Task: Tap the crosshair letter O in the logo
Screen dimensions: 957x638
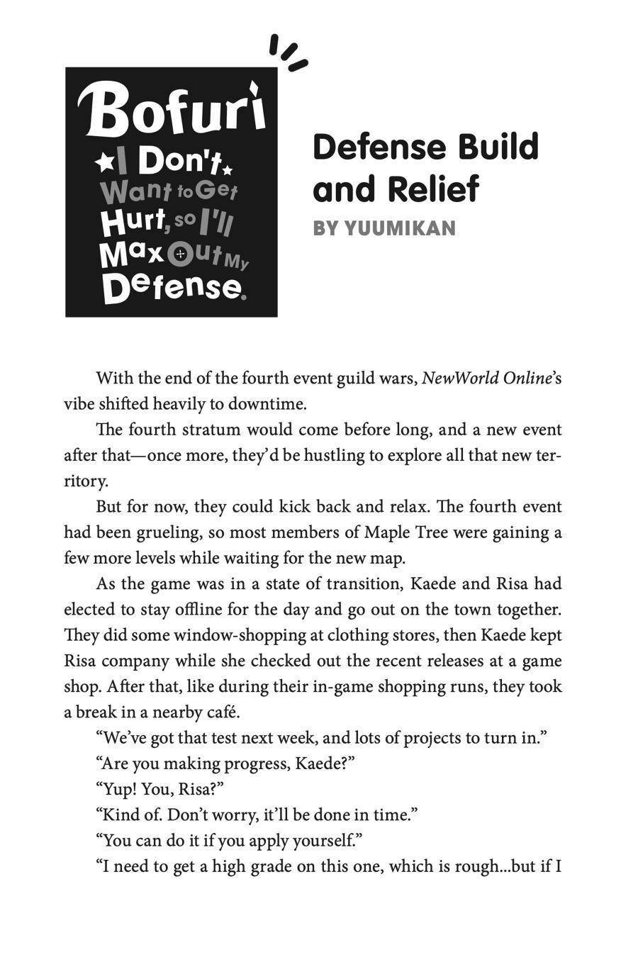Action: pos(180,253)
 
